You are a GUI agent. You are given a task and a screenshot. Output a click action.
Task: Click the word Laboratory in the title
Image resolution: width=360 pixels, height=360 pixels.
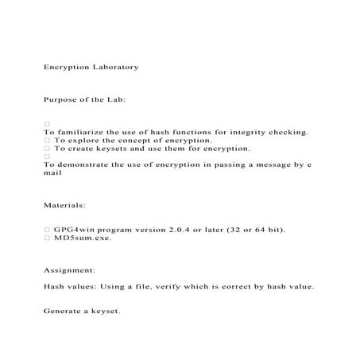tap(114, 67)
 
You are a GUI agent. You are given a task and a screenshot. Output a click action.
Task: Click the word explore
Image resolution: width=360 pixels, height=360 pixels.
tap(83, 140)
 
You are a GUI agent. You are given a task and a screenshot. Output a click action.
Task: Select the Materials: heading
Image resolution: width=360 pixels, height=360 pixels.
tap(70, 205)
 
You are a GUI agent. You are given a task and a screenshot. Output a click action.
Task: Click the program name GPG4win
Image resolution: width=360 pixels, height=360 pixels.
tap(75, 230)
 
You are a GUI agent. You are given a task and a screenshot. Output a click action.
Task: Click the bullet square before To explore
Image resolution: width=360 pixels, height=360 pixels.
tap(48, 141)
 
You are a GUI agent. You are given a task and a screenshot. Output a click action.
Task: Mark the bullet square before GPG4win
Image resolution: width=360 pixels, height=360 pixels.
tap(48, 230)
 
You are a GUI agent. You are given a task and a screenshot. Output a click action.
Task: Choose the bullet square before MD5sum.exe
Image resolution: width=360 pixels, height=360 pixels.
tap(48, 238)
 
